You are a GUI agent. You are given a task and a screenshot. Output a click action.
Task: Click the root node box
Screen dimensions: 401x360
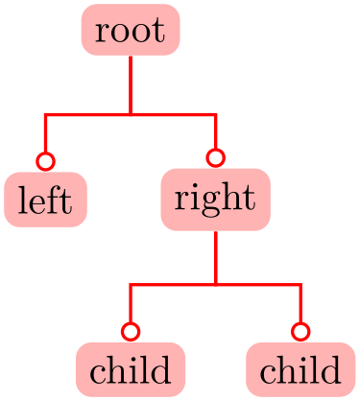(131, 30)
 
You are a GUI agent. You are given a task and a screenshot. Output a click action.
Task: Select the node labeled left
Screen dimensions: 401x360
(45, 200)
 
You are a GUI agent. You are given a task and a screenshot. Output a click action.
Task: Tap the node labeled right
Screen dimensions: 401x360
(215, 200)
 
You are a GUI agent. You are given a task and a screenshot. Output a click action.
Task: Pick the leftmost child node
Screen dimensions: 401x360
(131, 369)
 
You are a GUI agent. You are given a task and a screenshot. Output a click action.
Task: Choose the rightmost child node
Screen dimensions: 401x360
(300, 369)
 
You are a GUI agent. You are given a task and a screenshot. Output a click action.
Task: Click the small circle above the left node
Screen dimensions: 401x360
(45, 159)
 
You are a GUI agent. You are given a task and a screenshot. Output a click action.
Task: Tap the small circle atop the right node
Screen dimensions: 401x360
(216, 157)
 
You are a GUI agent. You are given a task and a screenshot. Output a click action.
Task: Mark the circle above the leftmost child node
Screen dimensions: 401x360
(131, 331)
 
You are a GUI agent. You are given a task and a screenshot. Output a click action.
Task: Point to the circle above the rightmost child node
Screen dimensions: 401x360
(300, 331)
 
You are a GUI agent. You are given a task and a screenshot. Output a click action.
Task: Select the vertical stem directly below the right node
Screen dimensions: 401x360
(216, 257)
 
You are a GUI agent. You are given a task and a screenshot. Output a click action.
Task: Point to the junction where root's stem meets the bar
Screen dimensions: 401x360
(131, 115)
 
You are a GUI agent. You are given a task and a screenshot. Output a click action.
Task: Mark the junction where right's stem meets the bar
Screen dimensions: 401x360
(216, 285)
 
